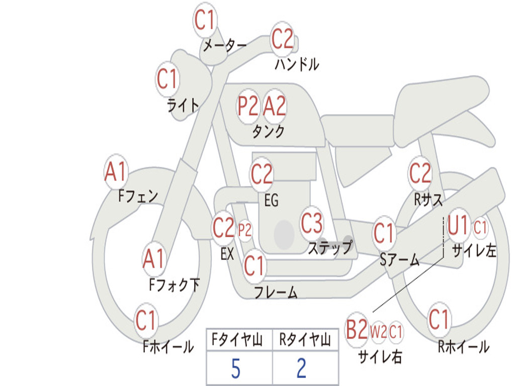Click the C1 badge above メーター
click(205, 21)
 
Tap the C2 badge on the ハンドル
click(282, 39)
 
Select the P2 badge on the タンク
click(247, 106)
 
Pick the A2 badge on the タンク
click(275, 106)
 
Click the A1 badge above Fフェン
click(116, 172)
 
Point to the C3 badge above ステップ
click(312, 224)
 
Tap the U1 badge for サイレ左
click(458, 226)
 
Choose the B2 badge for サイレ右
click(357, 330)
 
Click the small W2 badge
click(378, 331)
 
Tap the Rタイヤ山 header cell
click(305, 341)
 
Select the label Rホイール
click(463, 346)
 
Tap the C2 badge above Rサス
click(420, 173)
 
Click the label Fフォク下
click(174, 285)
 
